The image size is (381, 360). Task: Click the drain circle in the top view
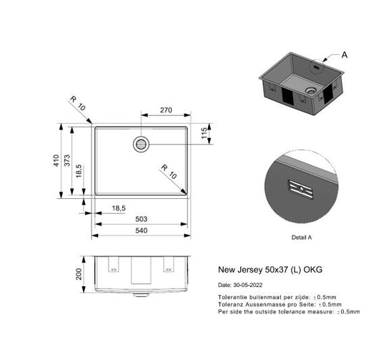[141, 144]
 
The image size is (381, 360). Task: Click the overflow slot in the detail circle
[300, 189]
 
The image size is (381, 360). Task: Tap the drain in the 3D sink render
[310, 92]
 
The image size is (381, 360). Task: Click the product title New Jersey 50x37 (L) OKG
[269, 271]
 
